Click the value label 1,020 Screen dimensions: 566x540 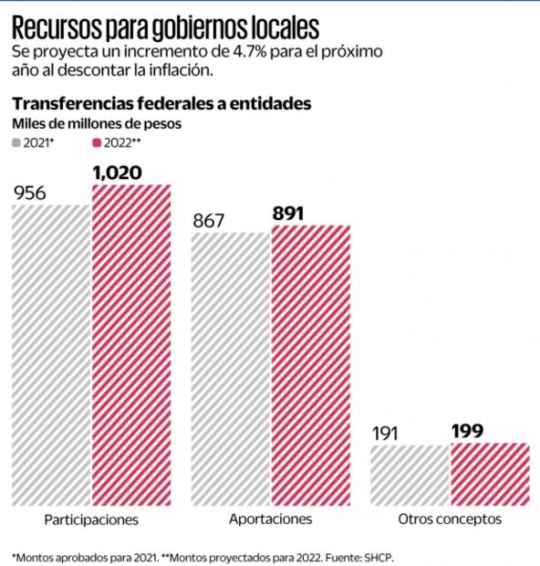coord(118,172)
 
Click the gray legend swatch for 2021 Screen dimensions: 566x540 coord(17,143)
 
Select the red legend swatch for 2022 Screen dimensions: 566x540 coord(97,143)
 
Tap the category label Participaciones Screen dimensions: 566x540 coord(90,519)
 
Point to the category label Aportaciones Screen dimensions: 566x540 coord(270,519)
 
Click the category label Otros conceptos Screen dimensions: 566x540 coord(450,519)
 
